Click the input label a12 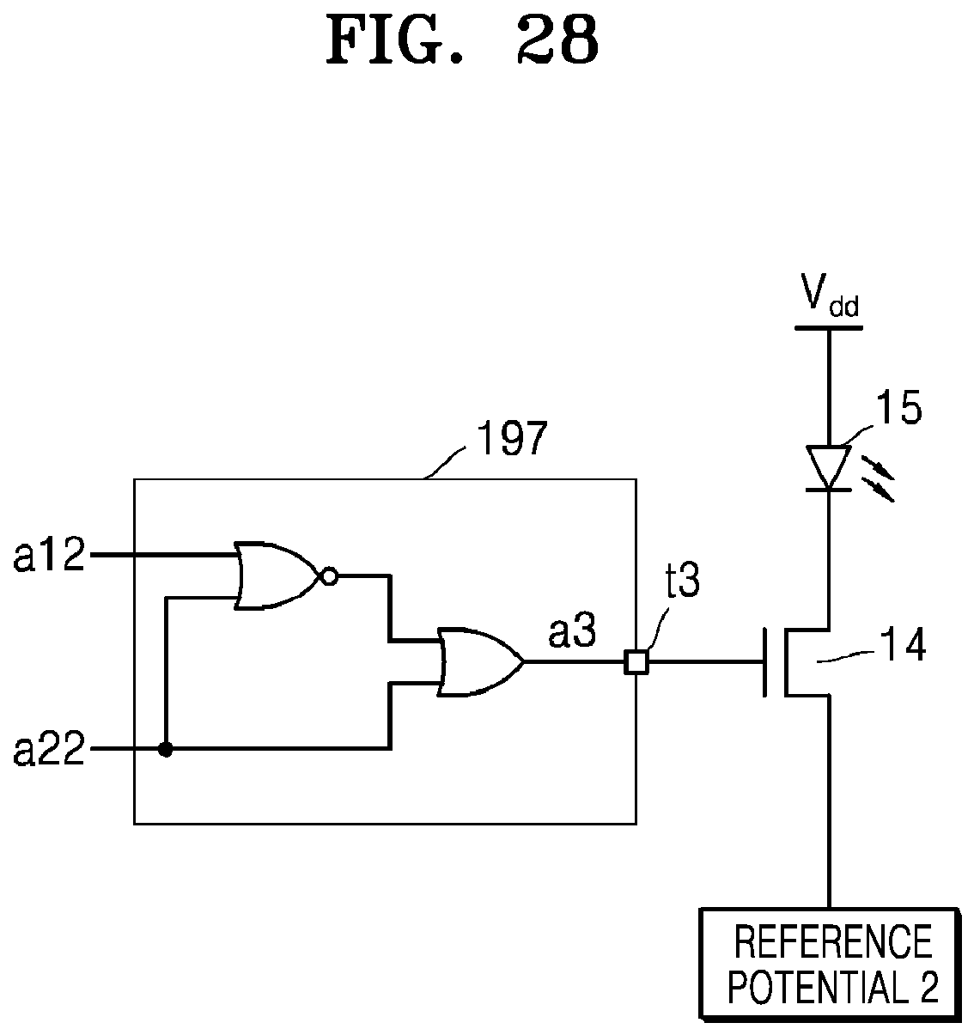point(49,556)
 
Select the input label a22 point(49,750)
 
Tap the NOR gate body point(277,575)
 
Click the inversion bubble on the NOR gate point(330,577)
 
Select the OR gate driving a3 point(480,662)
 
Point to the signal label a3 point(572,633)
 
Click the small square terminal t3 point(636,662)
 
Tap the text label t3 point(683,580)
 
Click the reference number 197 point(512,438)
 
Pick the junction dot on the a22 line point(166,750)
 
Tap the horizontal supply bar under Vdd point(829,328)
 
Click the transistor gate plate point(764,662)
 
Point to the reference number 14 point(903,645)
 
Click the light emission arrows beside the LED point(878,478)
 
